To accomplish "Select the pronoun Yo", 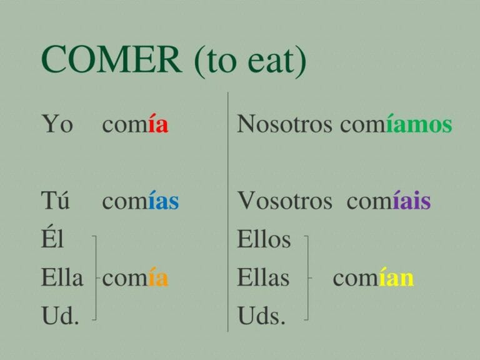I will (57, 124).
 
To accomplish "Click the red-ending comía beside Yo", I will (135, 124).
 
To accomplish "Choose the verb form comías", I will (140, 201).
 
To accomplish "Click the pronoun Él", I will (52, 239).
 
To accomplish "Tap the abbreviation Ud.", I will (60, 316).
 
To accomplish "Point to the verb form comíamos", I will (396, 124).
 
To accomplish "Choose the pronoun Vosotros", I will (284, 201).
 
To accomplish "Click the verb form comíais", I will (388, 201).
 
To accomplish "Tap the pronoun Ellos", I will (264, 239).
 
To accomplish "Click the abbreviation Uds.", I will (261, 316).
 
